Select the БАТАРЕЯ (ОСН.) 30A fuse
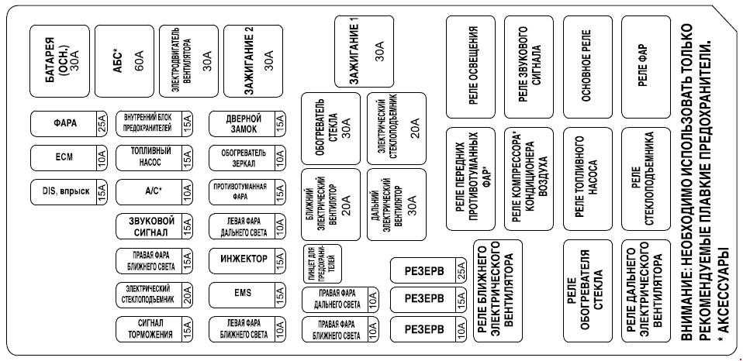pyautogui.click(x=60, y=61)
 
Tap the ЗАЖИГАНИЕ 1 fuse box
pyautogui.click(x=364, y=52)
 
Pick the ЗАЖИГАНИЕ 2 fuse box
pyautogui.click(x=253, y=61)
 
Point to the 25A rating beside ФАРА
pyautogui.click(x=102, y=124)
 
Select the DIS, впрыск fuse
pyautogui.click(x=69, y=192)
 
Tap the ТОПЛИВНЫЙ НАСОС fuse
pyautogui.click(x=154, y=158)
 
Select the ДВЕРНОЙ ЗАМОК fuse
pyautogui.click(x=247, y=124)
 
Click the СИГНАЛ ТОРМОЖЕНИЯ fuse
pyautogui.click(x=154, y=329)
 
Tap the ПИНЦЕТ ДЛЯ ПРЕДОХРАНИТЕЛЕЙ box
pyautogui.click(x=322, y=263)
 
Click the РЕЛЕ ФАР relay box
pyautogui.click(x=645, y=67)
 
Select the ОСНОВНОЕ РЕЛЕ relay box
pyautogui.click(x=587, y=67)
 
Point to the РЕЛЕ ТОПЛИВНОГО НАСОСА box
pyautogui.click(x=587, y=179)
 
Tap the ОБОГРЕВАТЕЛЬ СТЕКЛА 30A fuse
pyautogui.click(x=330, y=129)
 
